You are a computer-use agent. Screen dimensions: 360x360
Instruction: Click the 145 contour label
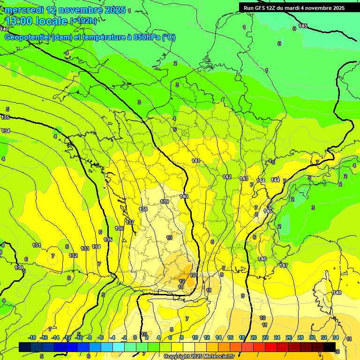[303, 26]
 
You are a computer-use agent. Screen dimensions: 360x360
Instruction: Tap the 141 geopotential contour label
[196, 161]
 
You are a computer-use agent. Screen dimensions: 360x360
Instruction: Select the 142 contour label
[227, 177]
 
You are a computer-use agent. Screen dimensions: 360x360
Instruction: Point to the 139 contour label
[165, 202]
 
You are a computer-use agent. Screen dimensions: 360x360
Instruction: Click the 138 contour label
[143, 209]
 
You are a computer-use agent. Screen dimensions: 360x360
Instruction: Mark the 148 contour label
[337, 292]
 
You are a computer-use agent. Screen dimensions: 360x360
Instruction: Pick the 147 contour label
[284, 266]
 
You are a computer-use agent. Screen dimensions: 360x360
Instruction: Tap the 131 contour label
[37, 245]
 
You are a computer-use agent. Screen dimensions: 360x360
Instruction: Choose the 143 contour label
[244, 179]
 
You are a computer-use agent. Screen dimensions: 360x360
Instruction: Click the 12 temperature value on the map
[182, 281]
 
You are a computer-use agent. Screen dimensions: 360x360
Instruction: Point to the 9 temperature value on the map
[243, 296]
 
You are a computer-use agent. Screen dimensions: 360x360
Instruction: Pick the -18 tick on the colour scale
[32, 337]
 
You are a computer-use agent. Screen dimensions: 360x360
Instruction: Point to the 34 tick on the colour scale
[336, 337]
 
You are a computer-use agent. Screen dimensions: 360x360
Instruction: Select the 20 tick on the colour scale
[253, 337]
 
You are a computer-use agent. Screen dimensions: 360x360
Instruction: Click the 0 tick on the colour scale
[135, 337]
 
